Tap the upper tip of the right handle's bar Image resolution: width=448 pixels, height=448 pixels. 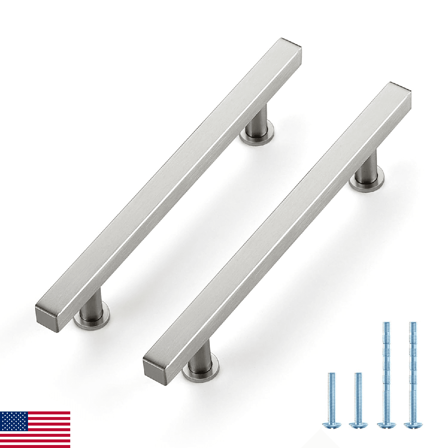(x=400, y=87)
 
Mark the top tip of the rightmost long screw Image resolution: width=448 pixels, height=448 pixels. (x=413, y=323)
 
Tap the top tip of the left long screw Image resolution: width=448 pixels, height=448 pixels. (x=386, y=323)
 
